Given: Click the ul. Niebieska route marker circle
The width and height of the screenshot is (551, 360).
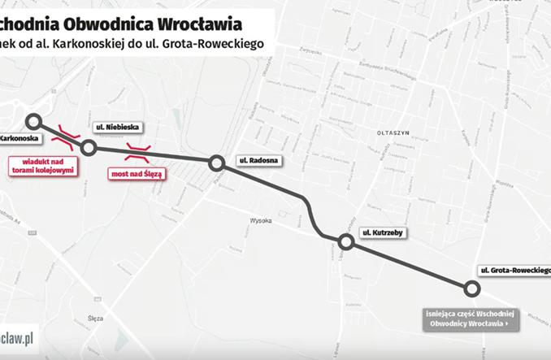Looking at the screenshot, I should (89, 147).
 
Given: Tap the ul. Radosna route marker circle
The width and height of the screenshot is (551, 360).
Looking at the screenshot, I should (216, 163).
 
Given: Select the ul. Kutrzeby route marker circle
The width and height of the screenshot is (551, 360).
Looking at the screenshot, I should (345, 241).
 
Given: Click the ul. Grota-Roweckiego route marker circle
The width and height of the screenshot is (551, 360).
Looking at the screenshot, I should (471, 288).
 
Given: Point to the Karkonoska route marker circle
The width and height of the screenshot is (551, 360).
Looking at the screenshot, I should (33, 122).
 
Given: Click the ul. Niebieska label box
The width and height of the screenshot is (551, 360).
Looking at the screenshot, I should (119, 128).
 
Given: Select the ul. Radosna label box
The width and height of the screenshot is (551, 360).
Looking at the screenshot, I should (258, 161).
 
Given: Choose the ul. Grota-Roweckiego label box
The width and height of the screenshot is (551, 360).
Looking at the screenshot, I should (514, 269).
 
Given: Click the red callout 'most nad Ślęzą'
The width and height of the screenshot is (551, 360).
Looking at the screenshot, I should (137, 173).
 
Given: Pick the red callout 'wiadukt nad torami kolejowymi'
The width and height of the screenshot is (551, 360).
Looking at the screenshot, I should (43, 166).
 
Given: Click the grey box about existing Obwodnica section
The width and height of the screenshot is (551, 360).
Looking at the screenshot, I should (469, 318).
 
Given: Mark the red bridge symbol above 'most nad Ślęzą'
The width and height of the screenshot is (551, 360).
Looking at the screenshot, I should (137, 149).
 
